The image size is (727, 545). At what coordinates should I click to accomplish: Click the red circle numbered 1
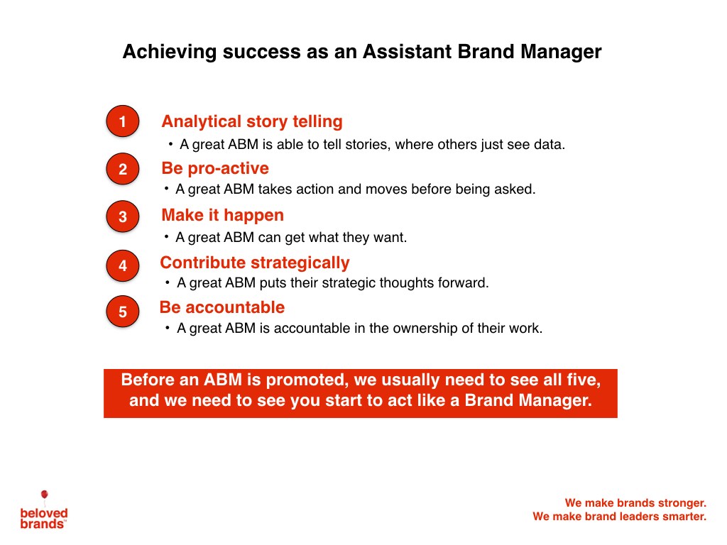pos(122,121)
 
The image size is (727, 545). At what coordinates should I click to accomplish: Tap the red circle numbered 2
pos(122,169)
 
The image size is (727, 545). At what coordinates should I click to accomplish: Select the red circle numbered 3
pos(122,216)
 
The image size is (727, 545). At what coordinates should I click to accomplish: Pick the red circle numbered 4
pos(122,265)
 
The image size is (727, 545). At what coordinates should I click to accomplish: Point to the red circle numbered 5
pos(122,312)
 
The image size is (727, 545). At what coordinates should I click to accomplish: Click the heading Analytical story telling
pos(252,121)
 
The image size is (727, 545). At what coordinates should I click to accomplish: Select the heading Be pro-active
pos(215,169)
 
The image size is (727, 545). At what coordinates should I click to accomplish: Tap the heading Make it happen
pos(222,216)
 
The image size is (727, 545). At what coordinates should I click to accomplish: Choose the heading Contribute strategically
pos(255,263)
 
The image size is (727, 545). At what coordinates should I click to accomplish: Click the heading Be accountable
pos(222,307)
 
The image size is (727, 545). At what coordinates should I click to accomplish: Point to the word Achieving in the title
pos(169,52)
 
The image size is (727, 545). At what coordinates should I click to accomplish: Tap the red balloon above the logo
pos(45,495)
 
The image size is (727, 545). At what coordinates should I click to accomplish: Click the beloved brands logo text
pos(44,519)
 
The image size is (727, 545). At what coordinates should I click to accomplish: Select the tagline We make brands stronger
pos(635,503)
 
